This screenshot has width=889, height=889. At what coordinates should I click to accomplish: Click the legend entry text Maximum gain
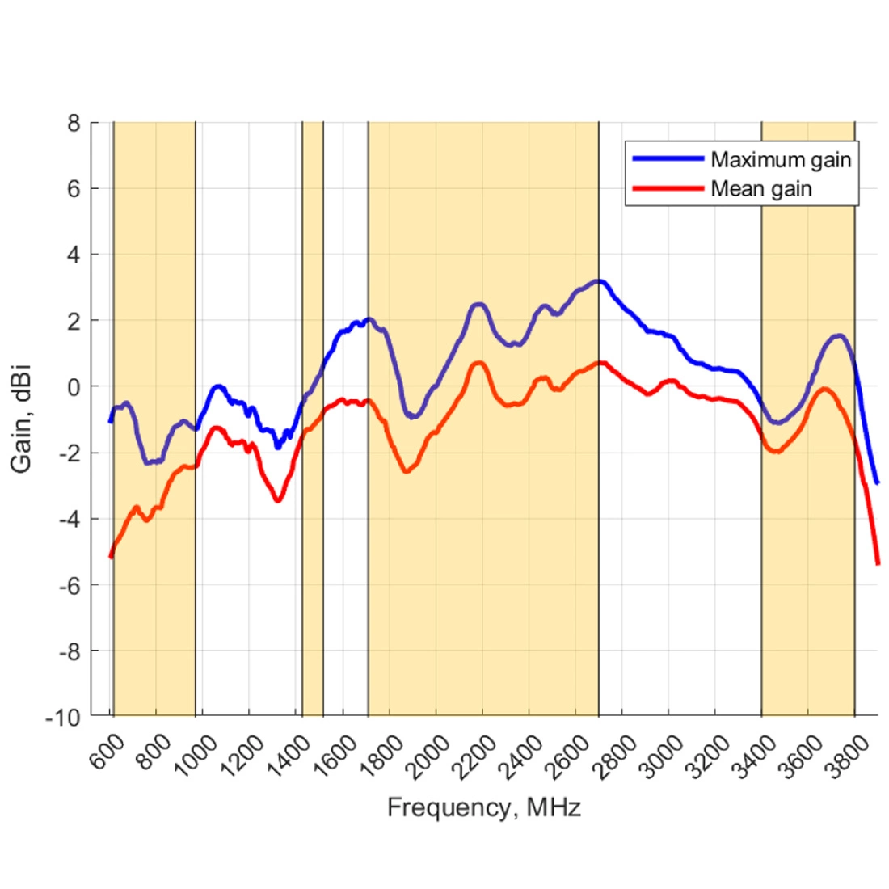click(x=781, y=160)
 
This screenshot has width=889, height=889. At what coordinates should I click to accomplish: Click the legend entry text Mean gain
click(x=760, y=189)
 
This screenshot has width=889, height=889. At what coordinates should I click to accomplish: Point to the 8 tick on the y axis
click(x=74, y=124)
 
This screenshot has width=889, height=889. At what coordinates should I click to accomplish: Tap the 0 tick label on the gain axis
click(x=74, y=387)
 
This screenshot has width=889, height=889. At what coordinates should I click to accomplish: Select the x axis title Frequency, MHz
click(x=483, y=807)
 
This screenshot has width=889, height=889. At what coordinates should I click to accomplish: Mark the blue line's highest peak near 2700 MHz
click(x=598, y=281)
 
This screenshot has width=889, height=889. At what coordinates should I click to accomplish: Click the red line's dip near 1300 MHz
click(x=278, y=500)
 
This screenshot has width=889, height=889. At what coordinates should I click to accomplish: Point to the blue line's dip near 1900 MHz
click(x=412, y=416)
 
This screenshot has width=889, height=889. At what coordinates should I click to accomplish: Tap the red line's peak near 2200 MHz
click(x=479, y=363)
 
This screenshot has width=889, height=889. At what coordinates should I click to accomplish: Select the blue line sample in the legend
click(x=668, y=159)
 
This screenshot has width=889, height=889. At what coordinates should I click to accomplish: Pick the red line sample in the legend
click(x=668, y=189)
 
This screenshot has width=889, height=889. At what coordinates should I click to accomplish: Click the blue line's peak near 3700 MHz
click(x=840, y=335)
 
